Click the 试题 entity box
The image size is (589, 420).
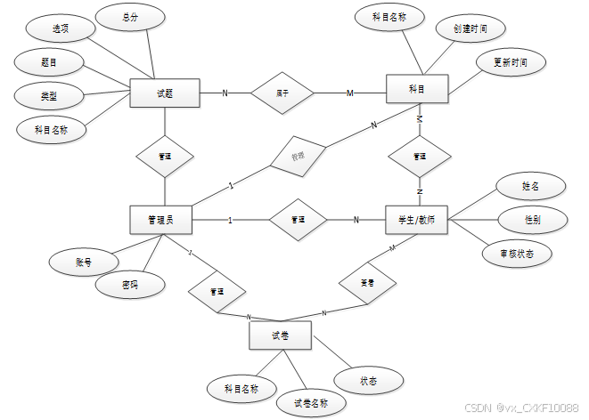pos(164,93)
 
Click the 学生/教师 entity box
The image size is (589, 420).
pos(417,220)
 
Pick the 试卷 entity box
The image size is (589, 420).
pos(279,335)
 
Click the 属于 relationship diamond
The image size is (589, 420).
pos(282,93)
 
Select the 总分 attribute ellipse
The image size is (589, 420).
pos(130,17)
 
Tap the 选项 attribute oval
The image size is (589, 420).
pos(61,29)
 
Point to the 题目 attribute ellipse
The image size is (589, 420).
pos(50,62)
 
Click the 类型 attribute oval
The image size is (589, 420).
pos(50,95)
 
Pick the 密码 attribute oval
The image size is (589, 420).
pos(130,285)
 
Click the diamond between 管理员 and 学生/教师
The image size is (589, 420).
pos(298,220)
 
